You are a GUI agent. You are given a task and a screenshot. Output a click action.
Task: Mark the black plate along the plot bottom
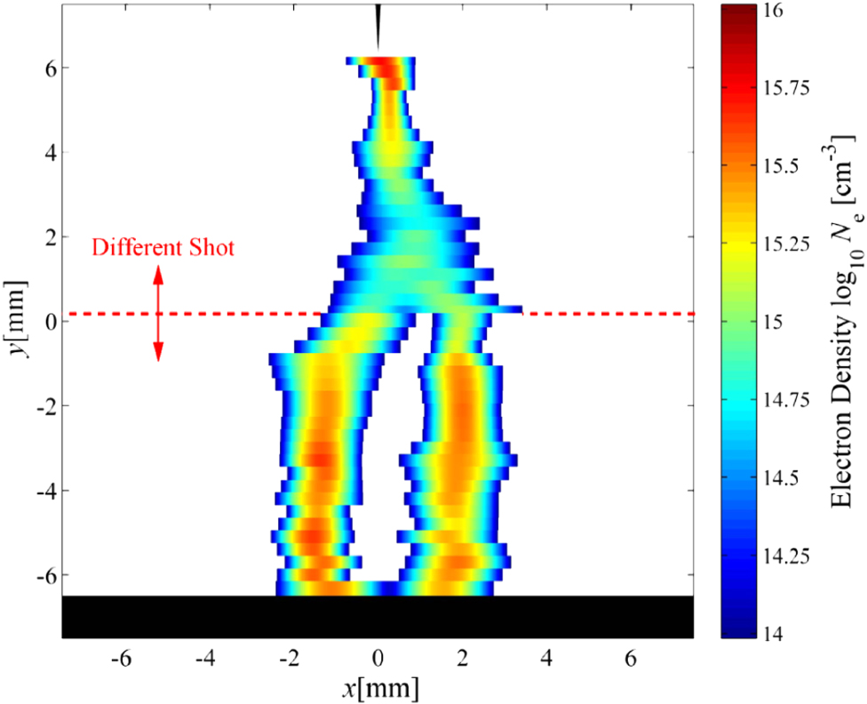(378, 617)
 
